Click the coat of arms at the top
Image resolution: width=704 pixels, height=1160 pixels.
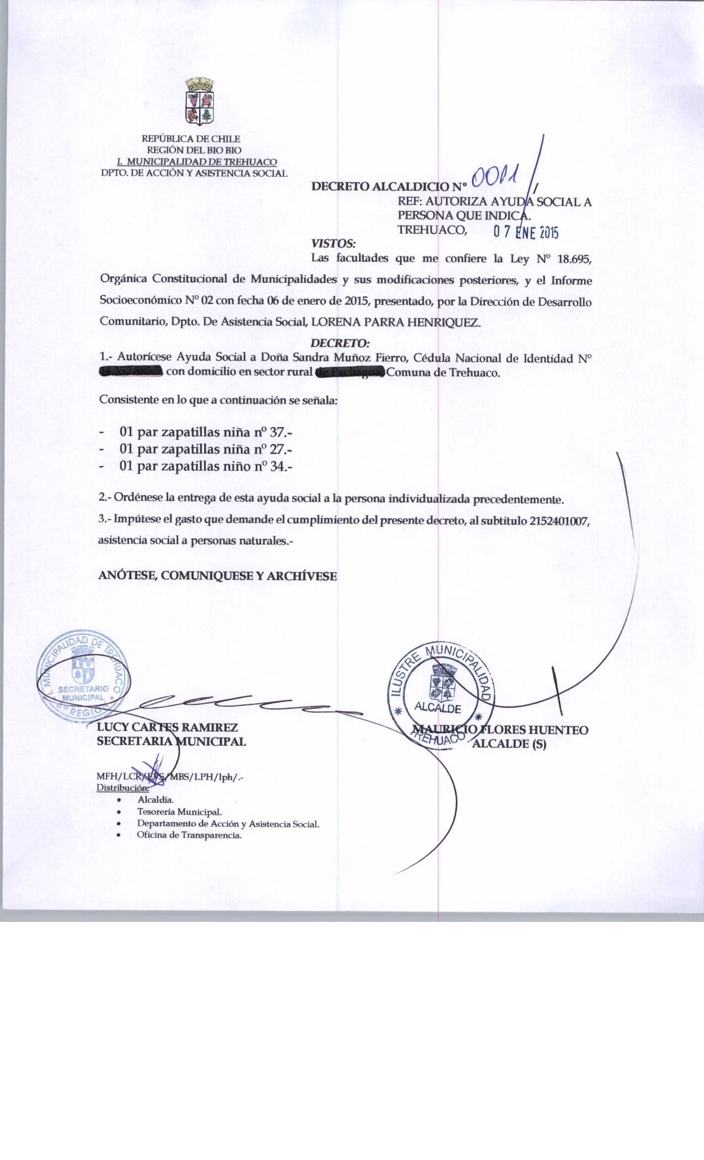(199, 102)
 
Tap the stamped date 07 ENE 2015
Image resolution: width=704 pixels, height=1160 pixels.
(526, 233)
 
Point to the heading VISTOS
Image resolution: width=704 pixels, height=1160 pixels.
(334, 243)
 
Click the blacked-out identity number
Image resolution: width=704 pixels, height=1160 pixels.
(131, 372)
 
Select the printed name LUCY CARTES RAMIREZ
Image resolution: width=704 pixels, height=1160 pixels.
(167, 728)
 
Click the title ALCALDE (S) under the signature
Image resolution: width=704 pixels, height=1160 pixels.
(510, 744)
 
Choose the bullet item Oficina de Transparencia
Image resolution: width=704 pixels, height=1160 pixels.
(189, 835)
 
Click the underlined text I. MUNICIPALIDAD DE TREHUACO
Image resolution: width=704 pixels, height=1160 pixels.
(198, 162)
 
